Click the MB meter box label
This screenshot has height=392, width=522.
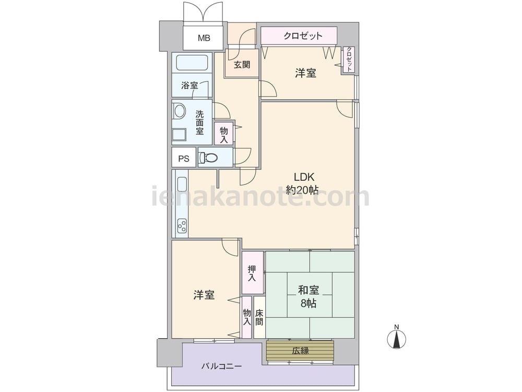point(204,38)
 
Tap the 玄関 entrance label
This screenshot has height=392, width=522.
point(242,64)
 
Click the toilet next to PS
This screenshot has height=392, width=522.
point(208,157)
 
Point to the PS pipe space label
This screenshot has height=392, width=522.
point(184,159)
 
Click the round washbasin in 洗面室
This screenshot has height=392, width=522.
point(180,111)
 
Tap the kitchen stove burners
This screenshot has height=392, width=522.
point(182,226)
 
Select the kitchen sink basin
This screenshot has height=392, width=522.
point(182,184)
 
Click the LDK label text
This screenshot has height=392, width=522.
point(304,177)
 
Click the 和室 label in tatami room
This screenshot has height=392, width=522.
point(309,290)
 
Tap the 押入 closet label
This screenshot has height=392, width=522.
point(252,273)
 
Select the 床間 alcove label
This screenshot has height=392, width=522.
point(259,318)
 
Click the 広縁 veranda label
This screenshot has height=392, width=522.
point(300,351)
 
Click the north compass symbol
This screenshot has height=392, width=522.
point(397,338)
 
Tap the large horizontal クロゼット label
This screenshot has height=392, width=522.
point(303,36)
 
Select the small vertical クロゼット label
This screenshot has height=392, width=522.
point(349,60)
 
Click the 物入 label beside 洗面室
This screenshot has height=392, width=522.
point(224,135)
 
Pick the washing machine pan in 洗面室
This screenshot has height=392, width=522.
point(179,135)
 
